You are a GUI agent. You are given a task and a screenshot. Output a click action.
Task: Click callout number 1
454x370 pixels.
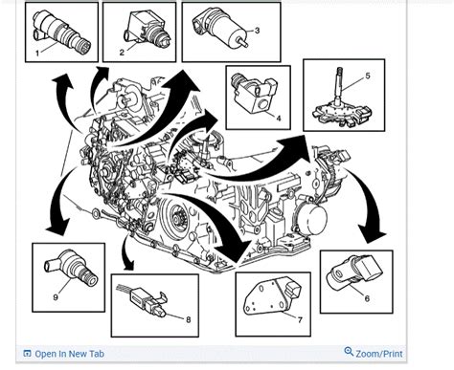[x=36, y=54]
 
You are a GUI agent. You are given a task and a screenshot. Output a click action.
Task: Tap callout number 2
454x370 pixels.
[x=122, y=52]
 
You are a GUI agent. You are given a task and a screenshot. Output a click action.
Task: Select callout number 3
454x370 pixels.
[x=257, y=31]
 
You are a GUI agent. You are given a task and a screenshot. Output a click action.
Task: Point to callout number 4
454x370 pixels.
[x=278, y=119]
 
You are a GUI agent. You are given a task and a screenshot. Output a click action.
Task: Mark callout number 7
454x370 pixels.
[x=273, y=318]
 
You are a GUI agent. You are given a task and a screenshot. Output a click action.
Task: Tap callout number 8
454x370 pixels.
[x=189, y=318]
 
